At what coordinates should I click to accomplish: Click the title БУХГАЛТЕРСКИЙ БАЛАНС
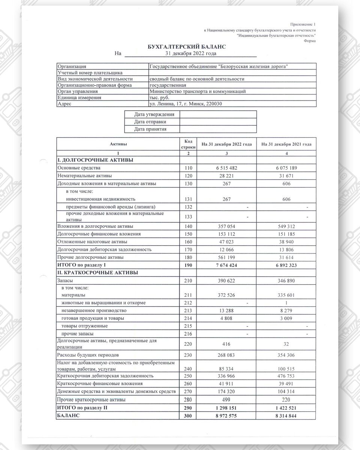[x=187, y=47]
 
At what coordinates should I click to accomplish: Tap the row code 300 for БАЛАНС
[x=188, y=415]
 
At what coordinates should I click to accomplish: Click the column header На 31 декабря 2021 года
[x=286, y=144]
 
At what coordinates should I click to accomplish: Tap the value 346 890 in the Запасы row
[x=286, y=280]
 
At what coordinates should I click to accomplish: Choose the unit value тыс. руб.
[x=159, y=97]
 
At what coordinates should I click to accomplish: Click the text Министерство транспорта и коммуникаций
[x=197, y=91]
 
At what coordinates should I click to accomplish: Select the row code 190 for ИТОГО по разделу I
[x=188, y=265]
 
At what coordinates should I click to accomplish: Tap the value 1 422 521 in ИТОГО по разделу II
[x=286, y=408]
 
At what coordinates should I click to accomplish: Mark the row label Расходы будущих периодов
[x=88, y=355]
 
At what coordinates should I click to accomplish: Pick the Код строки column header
[x=188, y=144]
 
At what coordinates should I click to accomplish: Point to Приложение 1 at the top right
[x=303, y=24]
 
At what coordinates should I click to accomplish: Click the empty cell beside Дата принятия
[x=218, y=129]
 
